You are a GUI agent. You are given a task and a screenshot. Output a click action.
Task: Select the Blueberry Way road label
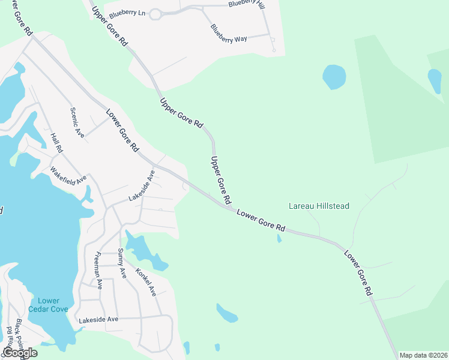coord(229,34)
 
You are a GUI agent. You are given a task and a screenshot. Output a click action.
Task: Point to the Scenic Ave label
coord(77,122)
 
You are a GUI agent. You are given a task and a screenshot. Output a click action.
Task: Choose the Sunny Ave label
coord(122,263)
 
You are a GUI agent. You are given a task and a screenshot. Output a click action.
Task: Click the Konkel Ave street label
coord(146,281)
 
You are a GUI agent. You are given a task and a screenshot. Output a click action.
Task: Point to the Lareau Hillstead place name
coord(319,206)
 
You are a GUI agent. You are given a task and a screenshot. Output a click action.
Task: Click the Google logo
coord(20,353)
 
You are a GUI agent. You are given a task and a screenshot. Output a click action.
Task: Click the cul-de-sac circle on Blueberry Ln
coord(155,14)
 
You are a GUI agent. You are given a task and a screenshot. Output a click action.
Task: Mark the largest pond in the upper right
coord(334,77)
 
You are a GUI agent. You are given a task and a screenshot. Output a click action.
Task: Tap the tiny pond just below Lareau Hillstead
coord(279,238)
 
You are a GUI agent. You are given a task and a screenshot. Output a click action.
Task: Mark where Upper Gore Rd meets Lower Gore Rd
coord(229,208)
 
